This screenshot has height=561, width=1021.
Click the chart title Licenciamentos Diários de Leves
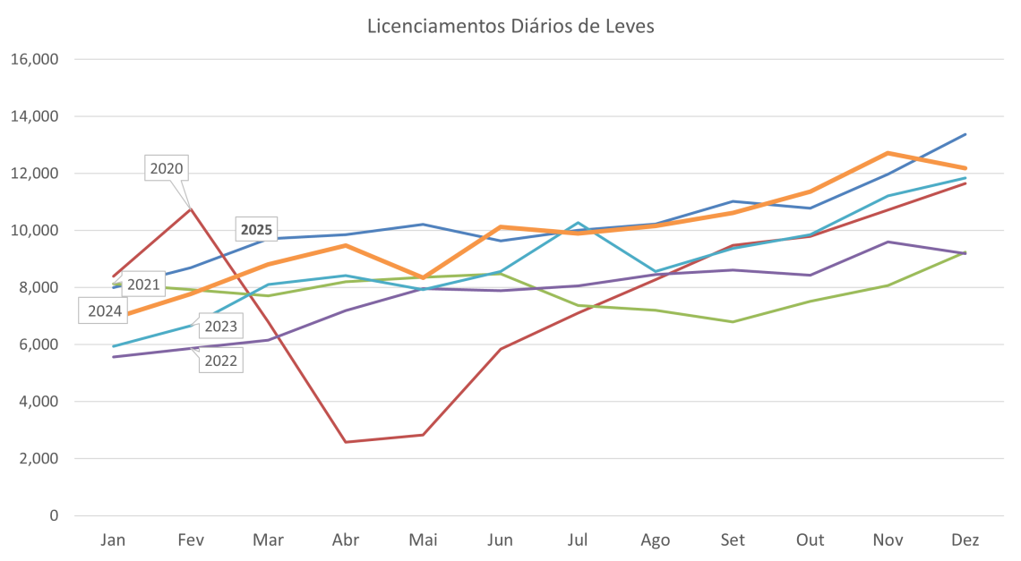[x=510, y=26]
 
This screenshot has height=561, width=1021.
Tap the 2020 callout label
[x=167, y=168]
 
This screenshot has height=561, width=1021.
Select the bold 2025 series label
[x=257, y=230]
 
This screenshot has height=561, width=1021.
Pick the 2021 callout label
[x=142, y=285]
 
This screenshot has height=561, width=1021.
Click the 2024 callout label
[x=105, y=311]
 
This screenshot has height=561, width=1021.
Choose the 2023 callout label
[x=220, y=326]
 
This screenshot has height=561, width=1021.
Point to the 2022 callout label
[x=220, y=361]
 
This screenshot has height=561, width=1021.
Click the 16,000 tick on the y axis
[x=36, y=60]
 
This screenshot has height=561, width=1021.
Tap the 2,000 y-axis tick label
[x=39, y=459]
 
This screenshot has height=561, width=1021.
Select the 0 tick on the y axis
[x=54, y=516]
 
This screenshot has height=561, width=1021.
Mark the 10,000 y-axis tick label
[x=36, y=231]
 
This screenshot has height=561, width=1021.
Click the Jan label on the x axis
[x=113, y=540]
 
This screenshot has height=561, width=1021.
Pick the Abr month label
[x=347, y=540]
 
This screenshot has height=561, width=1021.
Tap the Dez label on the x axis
[x=965, y=540]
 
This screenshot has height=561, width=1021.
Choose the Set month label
[x=734, y=540]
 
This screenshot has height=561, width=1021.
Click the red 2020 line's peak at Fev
[x=190, y=208]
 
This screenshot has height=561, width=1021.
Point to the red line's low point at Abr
[x=347, y=442]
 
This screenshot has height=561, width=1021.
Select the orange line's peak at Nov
[x=888, y=153]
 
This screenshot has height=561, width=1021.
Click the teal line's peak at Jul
[x=579, y=223]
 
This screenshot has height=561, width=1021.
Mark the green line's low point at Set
[x=734, y=321]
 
